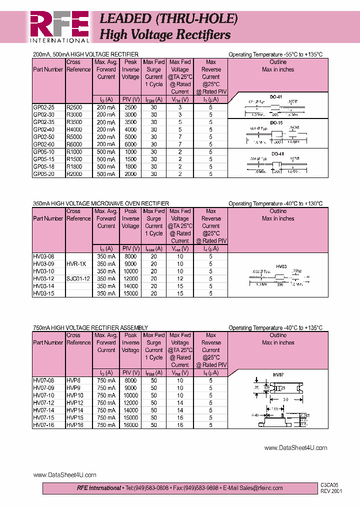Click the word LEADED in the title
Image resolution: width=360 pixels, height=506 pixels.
tap(125, 19)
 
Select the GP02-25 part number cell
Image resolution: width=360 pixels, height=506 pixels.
tap(44, 107)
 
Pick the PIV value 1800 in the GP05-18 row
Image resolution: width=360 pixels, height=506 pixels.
tap(130, 166)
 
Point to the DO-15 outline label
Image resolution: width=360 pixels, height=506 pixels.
tap(276, 122)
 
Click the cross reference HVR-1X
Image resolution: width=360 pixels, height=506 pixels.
tap(76, 263)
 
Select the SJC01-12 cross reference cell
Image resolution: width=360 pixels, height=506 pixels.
tap(78, 278)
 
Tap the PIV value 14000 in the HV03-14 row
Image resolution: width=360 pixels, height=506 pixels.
tap(130, 286)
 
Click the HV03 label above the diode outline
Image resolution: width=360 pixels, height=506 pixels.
tap(281, 267)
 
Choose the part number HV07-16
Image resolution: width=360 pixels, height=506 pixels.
tap(44, 425)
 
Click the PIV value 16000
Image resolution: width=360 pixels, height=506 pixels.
tap(130, 425)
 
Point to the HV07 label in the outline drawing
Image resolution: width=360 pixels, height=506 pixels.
tap(278, 374)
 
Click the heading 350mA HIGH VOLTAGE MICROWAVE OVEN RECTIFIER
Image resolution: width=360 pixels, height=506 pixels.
tap(100, 203)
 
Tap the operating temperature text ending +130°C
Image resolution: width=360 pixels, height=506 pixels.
tap(275, 203)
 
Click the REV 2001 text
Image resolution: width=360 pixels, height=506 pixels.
tap(331, 491)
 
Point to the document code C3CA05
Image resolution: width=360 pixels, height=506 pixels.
tap(330, 485)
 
